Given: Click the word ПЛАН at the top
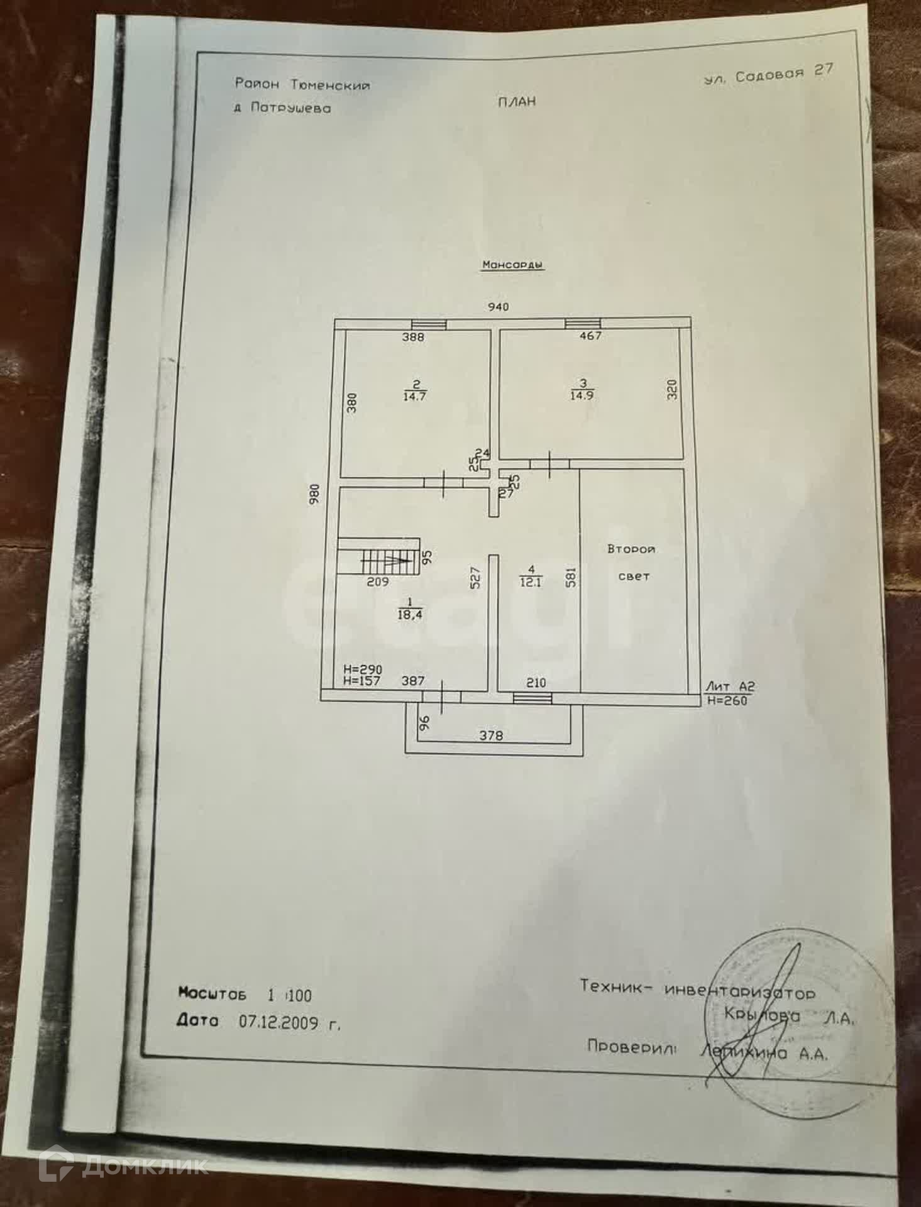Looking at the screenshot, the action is click(x=517, y=102).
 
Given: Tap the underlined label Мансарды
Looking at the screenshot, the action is click(x=512, y=265).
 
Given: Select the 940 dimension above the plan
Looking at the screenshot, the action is click(x=498, y=307).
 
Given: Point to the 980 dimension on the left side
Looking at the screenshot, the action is click(x=315, y=493).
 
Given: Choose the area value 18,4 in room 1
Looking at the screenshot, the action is click(x=410, y=615).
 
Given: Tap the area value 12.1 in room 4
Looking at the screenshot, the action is click(x=531, y=582).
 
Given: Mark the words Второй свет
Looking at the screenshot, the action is click(x=632, y=562).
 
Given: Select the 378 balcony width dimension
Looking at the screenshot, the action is click(x=491, y=735).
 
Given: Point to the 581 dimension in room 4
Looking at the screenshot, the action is click(x=571, y=578).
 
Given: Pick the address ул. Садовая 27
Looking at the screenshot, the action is click(x=768, y=74).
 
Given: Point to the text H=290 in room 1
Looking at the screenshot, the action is click(x=363, y=670).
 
